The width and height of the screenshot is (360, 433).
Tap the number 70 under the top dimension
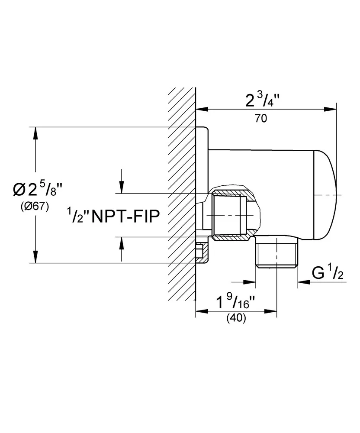(x=260, y=119)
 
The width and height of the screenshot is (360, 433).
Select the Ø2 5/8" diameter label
(x=38, y=189)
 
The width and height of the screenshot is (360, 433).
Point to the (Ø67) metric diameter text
(x=35, y=207)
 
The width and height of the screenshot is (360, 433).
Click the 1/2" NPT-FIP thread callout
(x=112, y=214)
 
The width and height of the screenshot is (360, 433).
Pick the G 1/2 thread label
(x=328, y=274)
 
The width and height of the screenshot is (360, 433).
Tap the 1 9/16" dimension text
(x=234, y=301)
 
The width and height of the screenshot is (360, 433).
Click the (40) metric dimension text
(x=236, y=318)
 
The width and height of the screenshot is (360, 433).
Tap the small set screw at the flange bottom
(x=200, y=251)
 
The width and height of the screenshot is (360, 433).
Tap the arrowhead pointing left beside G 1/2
(x=302, y=282)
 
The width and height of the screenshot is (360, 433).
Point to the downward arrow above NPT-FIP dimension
(x=122, y=188)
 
